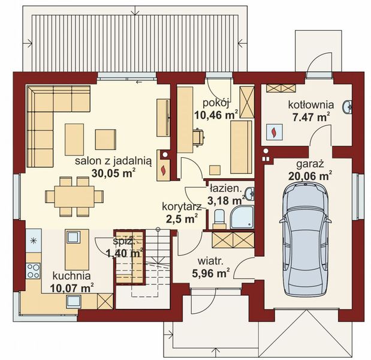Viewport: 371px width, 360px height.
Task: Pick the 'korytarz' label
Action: tap(182, 206)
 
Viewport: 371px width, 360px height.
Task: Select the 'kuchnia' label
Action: tap(71, 275)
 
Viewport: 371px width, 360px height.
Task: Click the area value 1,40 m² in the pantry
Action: tap(124, 254)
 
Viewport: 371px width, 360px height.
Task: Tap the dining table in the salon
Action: tap(75, 196)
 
